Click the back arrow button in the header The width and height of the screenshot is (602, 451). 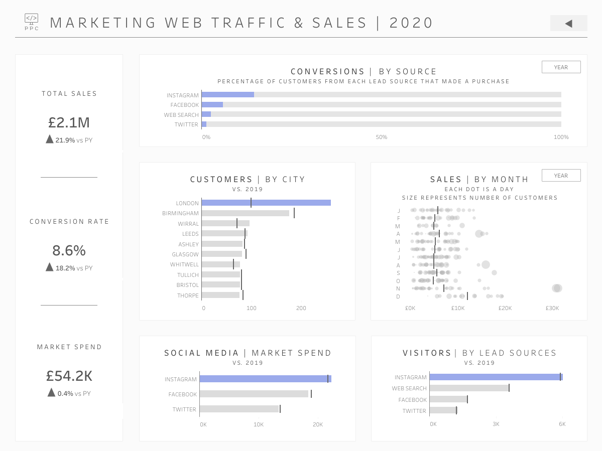point(568,24)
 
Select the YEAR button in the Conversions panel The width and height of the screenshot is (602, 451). point(561,67)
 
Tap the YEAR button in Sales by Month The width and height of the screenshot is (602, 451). point(561,176)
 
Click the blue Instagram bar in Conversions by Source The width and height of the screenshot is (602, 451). point(227,95)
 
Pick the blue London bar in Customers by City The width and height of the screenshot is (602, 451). point(266,203)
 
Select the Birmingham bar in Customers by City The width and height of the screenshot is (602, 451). point(246,213)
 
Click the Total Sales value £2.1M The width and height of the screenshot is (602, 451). point(69,123)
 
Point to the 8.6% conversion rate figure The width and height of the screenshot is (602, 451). point(69,250)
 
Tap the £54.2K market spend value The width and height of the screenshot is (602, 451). point(69,376)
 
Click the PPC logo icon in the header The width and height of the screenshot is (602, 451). point(32,22)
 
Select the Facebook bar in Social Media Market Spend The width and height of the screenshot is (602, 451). point(254,394)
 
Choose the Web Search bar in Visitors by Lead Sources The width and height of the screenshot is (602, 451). point(469,388)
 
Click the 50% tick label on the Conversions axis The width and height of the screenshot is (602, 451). point(381,137)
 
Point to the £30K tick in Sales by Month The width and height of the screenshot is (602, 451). point(552,308)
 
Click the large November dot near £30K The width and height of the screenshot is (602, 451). point(557,288)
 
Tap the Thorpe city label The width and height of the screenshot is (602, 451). point(188,295)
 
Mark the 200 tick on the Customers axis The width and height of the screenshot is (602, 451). point(301,308)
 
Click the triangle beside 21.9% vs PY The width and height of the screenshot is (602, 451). point(50,139)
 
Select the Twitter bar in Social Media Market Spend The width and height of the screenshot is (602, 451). point(239,409)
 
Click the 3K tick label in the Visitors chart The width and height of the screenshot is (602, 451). point(496,424)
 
